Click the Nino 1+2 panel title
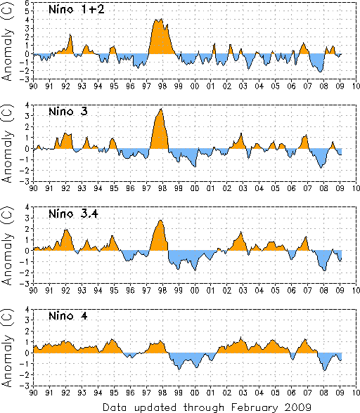tap(77, 10)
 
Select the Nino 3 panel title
tap(68, 112)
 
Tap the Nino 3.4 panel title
tap(73, 214)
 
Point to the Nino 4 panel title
tap(68, 315)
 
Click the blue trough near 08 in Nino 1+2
tap(317, 63)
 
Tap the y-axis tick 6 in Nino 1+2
tap(27, 3)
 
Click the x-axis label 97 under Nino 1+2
tap(146, 86)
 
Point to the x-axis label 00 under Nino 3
tap(195, 188)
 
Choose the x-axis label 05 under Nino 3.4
tap(276, 290)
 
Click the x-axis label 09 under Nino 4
tap(340, 393)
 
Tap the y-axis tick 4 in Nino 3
tap(27, 105)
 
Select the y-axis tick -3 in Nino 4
tap(25, 386)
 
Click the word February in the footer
tap(255, 407)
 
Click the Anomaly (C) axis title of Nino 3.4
tap(7, 246)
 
